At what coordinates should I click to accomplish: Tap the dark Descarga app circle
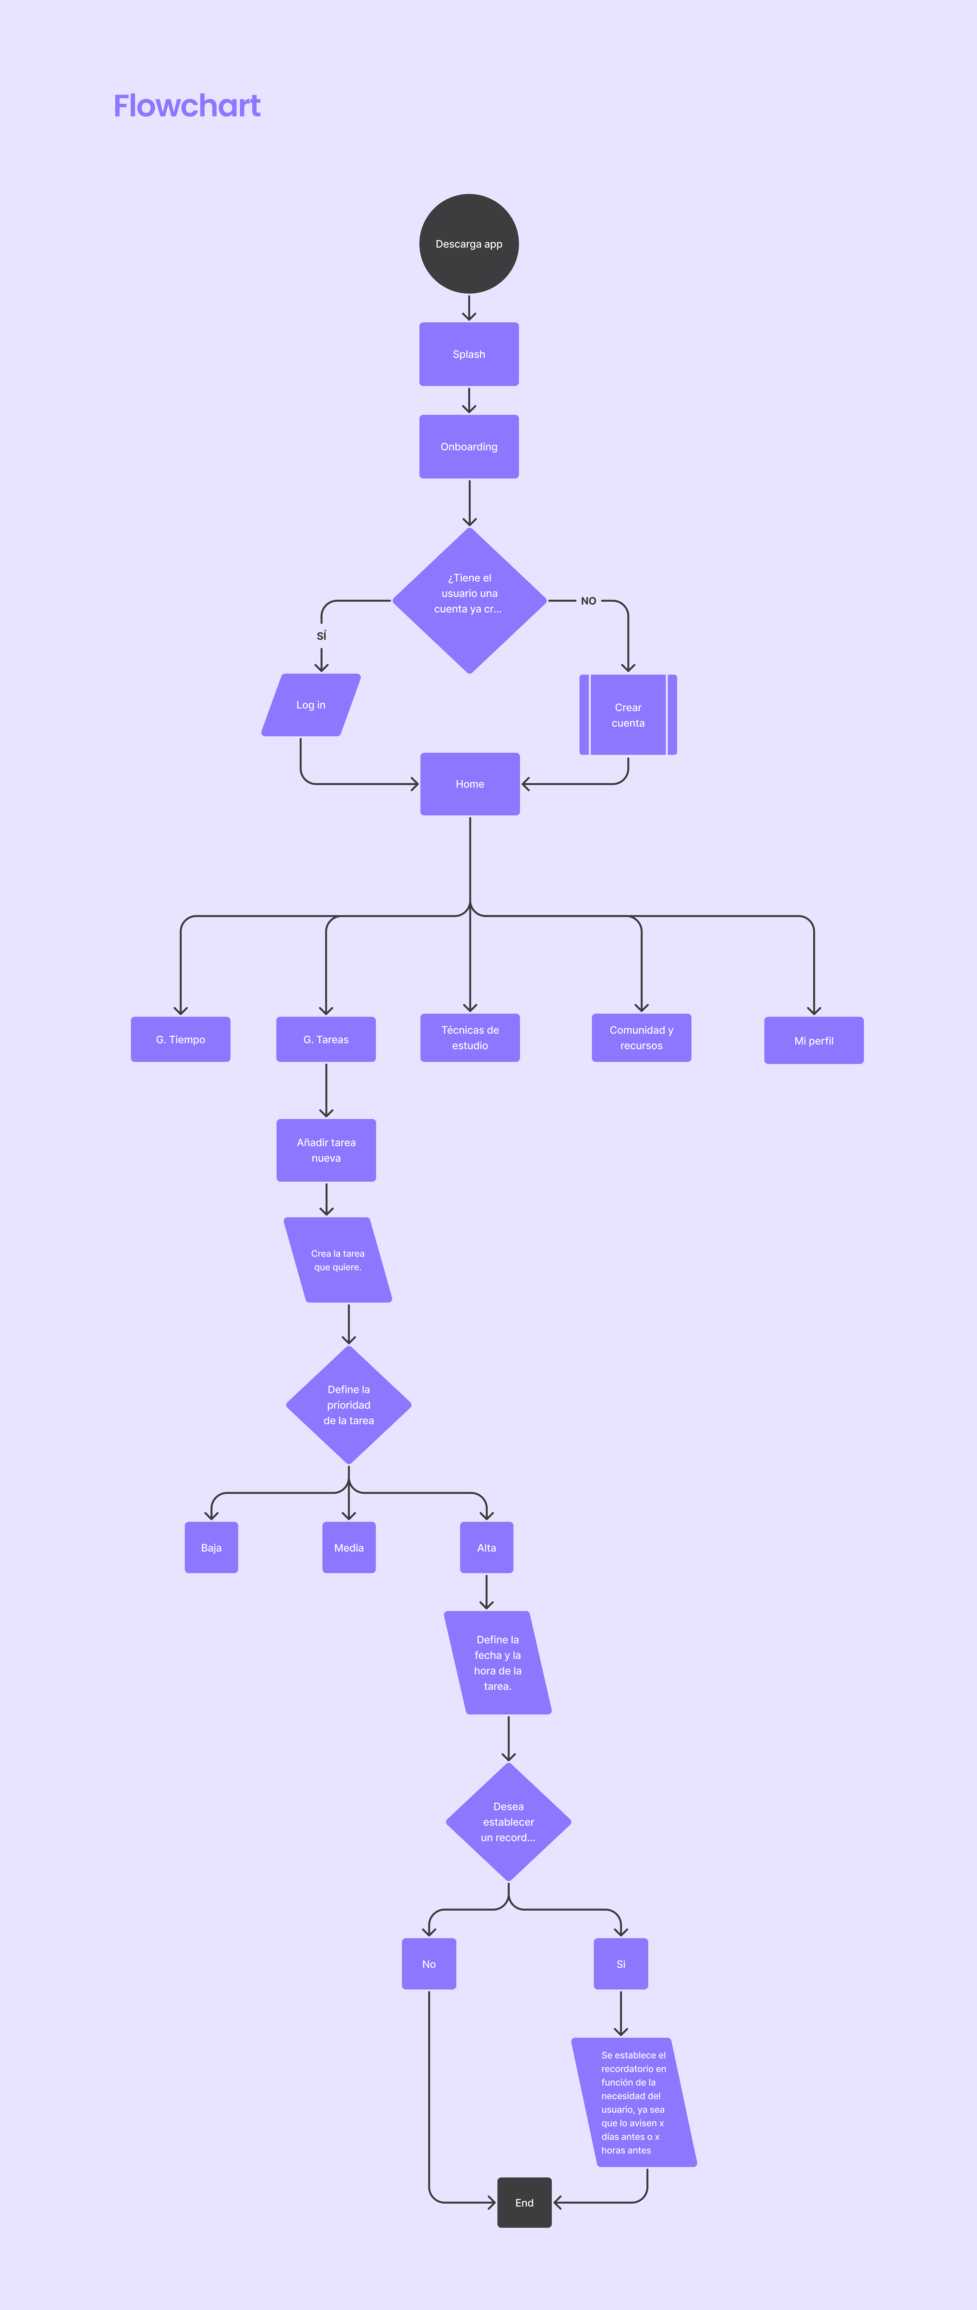[469, 244]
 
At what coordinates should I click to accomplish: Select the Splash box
[469, 354]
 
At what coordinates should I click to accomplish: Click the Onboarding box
[469, 447]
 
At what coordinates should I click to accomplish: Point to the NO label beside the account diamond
[588, 601]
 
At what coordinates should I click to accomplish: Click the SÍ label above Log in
[321, 636]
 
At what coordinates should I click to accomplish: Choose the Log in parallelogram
[311, 705]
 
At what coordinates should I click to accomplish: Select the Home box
[470, 784]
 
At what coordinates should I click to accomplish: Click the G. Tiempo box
[180, 1039]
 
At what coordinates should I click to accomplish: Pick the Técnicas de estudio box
[470, 1038]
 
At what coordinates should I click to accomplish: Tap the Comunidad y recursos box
[641, 1038]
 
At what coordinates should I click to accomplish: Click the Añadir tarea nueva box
[326, 1150]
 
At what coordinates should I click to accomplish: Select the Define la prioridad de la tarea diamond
[349, 1404]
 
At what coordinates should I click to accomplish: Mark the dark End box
[524, 2202]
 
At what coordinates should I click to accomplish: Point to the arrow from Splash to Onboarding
[469, 400]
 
